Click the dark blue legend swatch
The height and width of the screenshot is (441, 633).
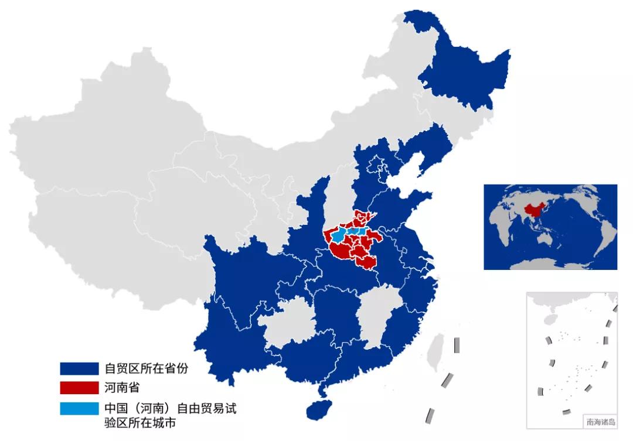click(x=79, y=368)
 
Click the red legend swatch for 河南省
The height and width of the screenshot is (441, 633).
click(x=79, y=387)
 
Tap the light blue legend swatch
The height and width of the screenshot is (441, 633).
click(x=79, y=408)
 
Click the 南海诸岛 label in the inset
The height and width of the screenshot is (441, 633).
click(x=600, y=421)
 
